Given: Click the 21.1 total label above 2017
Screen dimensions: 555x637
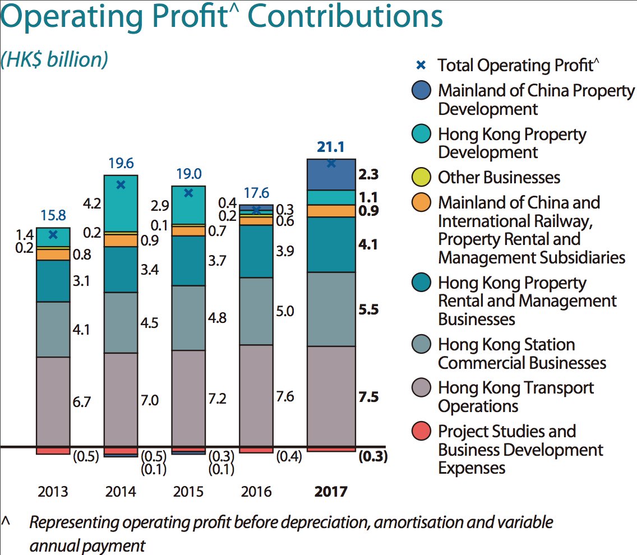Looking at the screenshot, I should click(x=331, y=147).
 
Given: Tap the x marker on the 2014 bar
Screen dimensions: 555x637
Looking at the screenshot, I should click(x=121, y=184).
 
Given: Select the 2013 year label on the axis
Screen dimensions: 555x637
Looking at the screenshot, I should click(x=53, y=492).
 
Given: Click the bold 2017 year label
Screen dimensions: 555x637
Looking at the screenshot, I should click(x=330, y=492).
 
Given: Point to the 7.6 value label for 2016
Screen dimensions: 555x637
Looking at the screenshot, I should click(x=285, y=397).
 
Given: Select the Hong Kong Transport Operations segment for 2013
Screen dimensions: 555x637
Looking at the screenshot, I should click(x=53, y=401).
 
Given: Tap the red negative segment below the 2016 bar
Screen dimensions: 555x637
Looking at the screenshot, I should click(x=256, y=450).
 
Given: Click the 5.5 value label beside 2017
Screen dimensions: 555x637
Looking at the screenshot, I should click(x=368, y=309).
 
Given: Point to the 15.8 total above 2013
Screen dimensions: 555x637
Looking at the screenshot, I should click(x=53, y=215).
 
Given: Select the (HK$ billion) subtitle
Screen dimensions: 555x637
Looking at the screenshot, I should click(x=54, y=59).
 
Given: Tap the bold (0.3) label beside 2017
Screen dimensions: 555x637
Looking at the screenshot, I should click(x=373, y=456).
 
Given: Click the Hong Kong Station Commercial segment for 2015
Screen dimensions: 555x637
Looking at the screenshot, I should click(x=188, y=317).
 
